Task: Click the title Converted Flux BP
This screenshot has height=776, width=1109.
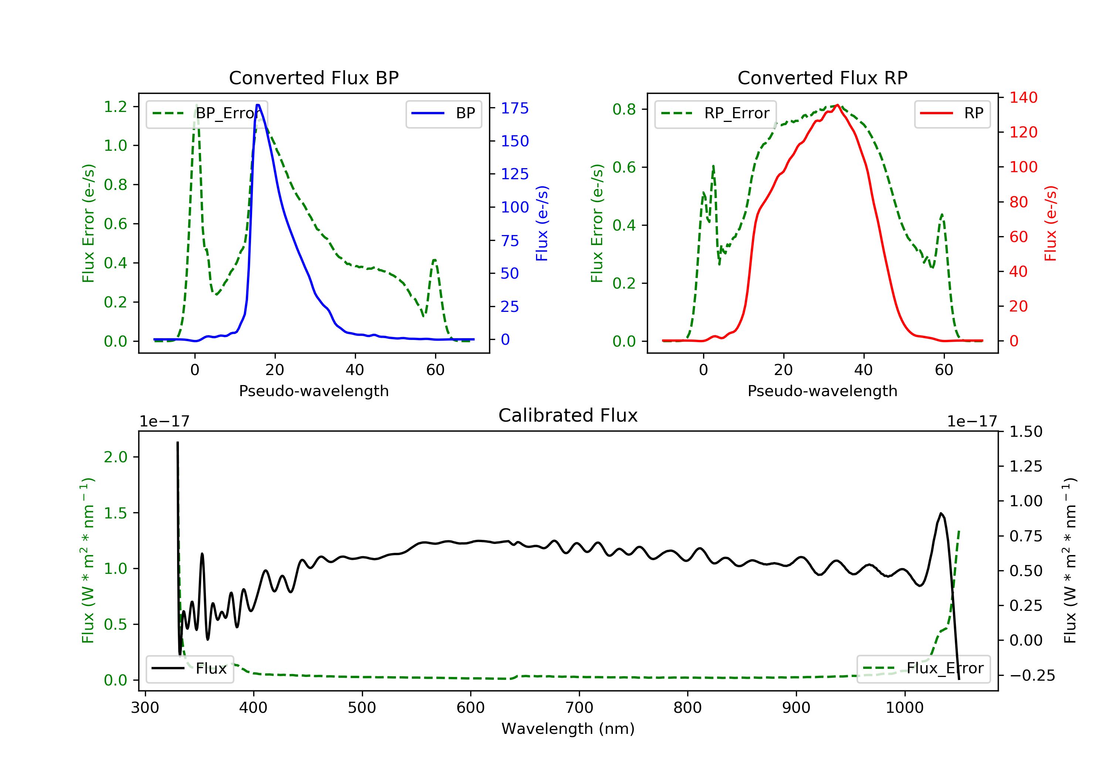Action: pos(313,78)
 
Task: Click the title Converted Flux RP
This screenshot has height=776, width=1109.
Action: pos(822,78)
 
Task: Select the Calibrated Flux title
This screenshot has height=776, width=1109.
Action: pos(568,415)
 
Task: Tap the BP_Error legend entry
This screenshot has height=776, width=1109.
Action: pos(207,113)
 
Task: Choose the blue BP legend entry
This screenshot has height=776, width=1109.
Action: pos(443,113)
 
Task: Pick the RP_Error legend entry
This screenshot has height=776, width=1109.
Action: pos(715,113)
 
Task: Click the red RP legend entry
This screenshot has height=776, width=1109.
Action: pos(952,113)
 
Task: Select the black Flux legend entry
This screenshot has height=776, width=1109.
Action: pos(189,668)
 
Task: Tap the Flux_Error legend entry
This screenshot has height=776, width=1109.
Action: pos(923,668)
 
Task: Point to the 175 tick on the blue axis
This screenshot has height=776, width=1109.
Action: pos(515,108)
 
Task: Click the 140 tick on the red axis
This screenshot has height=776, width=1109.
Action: pos(1023,98)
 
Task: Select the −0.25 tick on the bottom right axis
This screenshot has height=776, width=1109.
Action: pos(1032,675)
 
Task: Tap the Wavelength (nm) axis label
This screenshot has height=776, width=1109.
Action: pos(568,729)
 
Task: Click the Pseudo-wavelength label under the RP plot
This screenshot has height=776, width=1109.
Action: pos(822,391)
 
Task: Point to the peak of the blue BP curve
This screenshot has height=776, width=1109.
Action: pos(258,105)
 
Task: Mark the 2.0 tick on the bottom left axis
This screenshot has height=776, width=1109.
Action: pos(115,457)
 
